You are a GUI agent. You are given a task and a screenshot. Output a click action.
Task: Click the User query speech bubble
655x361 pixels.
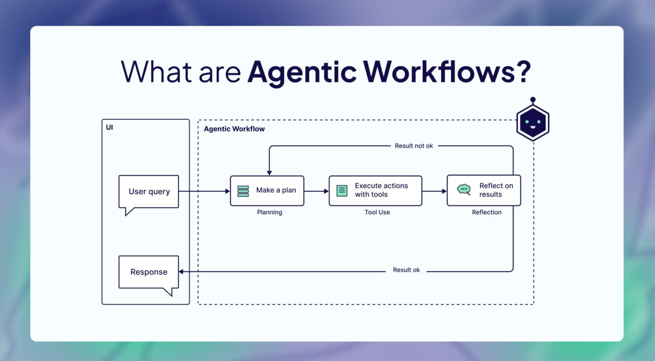pos(149,191)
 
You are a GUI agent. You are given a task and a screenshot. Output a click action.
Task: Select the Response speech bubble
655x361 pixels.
pos(149,272)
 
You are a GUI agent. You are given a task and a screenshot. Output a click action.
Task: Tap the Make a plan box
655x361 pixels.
pos(267,191)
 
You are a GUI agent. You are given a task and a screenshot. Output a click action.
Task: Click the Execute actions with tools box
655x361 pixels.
pos(375,191)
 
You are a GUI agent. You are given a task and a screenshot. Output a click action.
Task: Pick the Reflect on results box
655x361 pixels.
pos(484,190)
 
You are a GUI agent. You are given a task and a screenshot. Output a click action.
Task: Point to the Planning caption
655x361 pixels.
pos(270,212)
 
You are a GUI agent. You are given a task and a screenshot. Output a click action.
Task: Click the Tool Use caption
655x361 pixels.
pos(377,212)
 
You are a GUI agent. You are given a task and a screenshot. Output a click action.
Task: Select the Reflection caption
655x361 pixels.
pos(487,212)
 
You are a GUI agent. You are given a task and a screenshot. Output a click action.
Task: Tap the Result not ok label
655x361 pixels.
pos(414,146)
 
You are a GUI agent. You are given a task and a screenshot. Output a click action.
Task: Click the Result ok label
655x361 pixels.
pos(406,270)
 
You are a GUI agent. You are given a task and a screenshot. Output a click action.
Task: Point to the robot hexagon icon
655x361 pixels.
pos(533,122)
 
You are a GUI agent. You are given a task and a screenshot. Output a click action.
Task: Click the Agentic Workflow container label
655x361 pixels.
pos(234,129)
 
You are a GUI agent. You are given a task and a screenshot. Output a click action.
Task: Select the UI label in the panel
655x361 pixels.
pos(109,127)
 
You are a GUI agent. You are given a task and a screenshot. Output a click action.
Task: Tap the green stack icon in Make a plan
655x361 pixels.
pos(243,191)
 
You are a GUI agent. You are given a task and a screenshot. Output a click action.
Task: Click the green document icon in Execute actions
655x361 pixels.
pos(342,191)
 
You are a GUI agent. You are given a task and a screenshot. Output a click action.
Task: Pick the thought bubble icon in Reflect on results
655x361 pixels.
pos(464,190)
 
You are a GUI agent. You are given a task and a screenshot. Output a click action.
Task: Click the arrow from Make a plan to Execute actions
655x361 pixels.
pos(316,191)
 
